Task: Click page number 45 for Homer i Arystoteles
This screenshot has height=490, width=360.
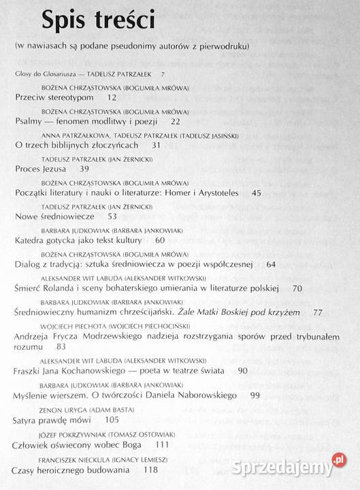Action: coord(256,193)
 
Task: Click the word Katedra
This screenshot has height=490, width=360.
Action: coord(31,240)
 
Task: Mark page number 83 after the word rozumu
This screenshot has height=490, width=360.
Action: coord(62,346)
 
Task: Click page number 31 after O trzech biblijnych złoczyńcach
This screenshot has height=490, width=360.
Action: coord(157,146)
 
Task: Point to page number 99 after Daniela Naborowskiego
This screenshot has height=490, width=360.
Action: coord(274,395)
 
